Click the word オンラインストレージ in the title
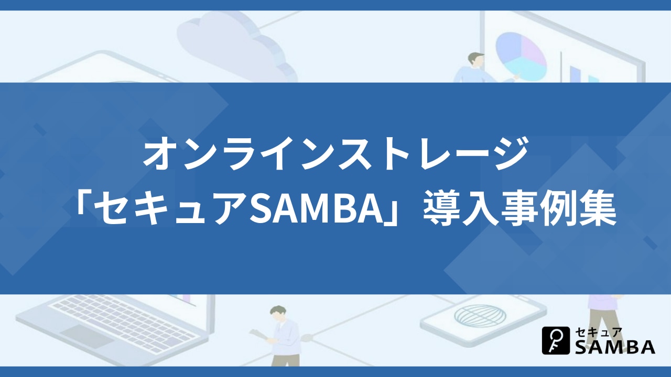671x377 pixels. tap(335, 153)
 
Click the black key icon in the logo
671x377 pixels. tap(556, 340)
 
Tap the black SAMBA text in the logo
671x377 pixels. tap(615, 347)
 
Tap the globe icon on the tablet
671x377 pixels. tap(480, 316)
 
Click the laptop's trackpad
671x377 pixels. tap(87, 336)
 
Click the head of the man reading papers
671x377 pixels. tap(278, 313)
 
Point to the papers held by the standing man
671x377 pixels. tap(259, 334)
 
